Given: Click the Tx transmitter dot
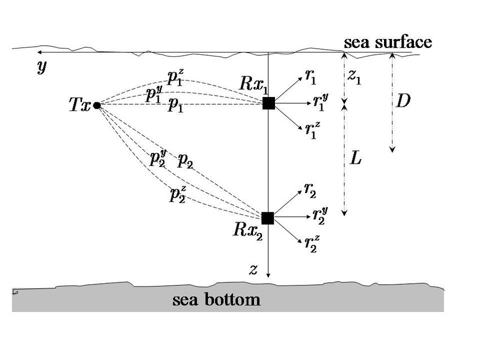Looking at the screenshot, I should tap(97, 105).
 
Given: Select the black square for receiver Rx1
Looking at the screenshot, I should tap(269, 103).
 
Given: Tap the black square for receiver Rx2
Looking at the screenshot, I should tap(268, 218).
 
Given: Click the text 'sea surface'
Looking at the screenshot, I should tap(388, 42).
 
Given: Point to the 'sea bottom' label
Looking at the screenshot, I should tap(216, 300).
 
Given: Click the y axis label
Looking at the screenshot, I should tap(42, 68).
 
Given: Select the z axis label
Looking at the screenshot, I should tap(254, 269).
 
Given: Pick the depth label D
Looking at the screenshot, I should tap(403, 102).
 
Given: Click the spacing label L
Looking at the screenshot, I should tap(356, 159).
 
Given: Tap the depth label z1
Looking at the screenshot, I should tap(355, 77).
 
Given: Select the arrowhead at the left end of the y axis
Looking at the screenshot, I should tap(37, 54).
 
